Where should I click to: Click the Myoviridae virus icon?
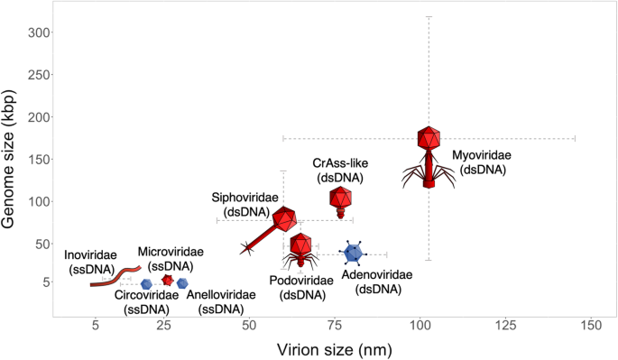tap(429, 155)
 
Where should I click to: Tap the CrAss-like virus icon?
tap(340, 201)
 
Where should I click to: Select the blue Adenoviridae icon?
tap(354, 254)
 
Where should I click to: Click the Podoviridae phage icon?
tap(301, 249)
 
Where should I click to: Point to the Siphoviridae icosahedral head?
tap(285, 218)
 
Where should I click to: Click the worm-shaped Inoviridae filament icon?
tap(115, 275)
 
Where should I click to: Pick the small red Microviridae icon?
tap(167, 281)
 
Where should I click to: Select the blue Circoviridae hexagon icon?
tap(146, 284)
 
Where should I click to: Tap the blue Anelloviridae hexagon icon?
tap(182, 283)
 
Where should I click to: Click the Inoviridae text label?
tap(89, 261)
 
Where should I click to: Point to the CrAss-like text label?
tap(337, 171)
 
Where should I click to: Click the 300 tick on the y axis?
tap(39, 32)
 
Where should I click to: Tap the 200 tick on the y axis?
tap(39, 117)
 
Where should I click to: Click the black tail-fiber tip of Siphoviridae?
tap(247, 247)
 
